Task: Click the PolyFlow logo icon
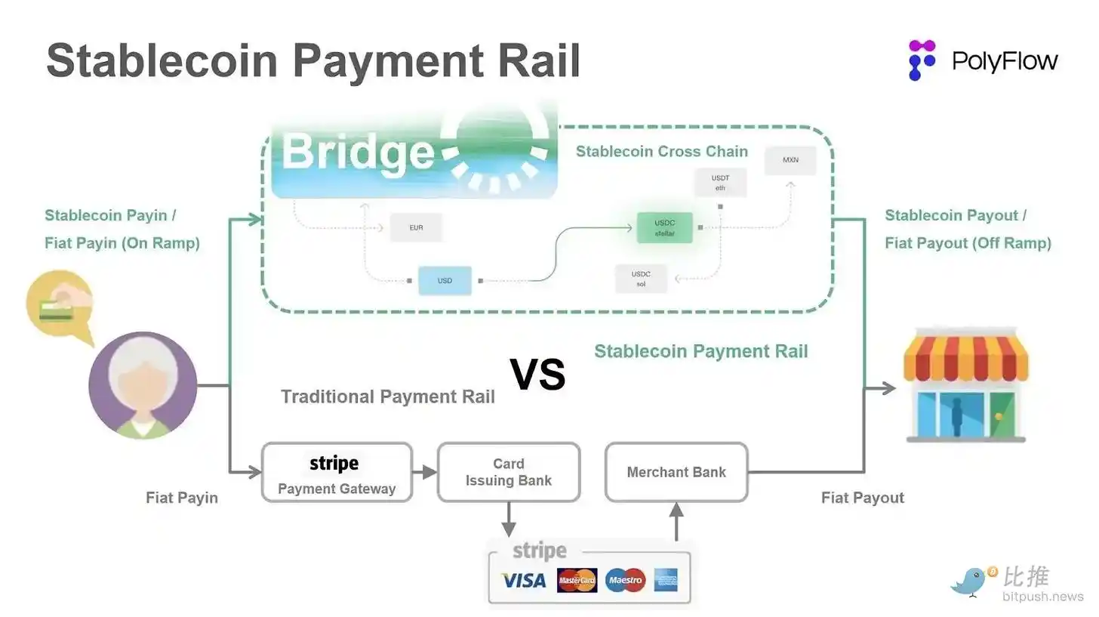922,60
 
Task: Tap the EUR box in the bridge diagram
416,227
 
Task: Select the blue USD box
445,281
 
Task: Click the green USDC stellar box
664,227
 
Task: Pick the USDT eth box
720,183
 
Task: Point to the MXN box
790,161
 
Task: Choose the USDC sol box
641,278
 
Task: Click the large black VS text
537,375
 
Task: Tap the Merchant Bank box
676,472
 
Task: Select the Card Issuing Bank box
509,472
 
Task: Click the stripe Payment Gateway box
337,472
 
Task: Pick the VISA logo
524,580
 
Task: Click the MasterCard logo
577,580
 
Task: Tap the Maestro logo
625,580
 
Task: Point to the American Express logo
666,580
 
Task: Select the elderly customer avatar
143,386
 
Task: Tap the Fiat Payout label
862,498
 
